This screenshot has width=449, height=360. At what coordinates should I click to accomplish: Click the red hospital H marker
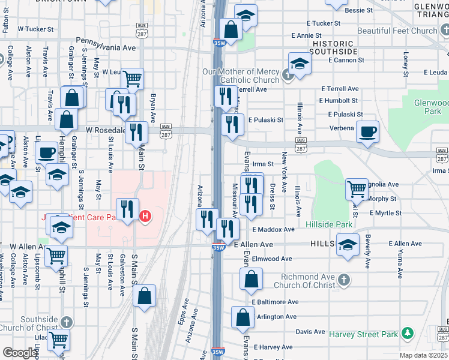pos(145,216)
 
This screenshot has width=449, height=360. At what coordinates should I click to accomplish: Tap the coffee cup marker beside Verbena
pos(367,132)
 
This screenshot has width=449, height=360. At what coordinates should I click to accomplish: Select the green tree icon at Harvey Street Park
pos(408,332)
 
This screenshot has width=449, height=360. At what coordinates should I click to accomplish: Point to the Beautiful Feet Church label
pos(397,31)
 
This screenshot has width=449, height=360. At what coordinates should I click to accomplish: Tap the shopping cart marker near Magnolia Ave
pos(357,189)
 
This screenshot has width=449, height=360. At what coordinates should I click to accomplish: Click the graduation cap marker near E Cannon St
pos(300,62)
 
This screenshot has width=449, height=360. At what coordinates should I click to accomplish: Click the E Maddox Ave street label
pos(273,229)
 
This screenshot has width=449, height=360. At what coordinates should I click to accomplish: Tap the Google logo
pos(20,352)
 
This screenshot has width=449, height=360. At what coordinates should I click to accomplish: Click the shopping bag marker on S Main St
pos(145,295)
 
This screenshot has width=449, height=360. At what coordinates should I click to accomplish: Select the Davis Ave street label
pos(310,331)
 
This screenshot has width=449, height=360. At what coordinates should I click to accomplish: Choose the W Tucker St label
pos(36,28)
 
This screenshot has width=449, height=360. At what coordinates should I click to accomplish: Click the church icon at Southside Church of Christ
pos(65,322)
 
